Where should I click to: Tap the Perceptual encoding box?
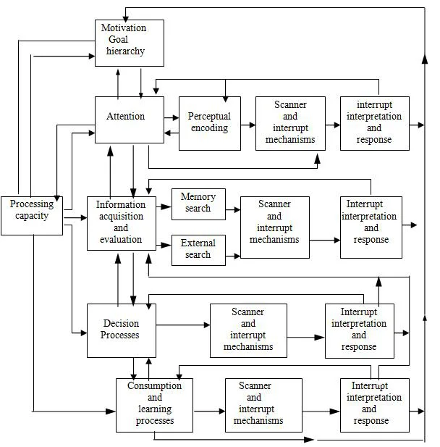click(x=209, y=123)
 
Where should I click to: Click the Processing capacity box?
click(x=32, y=215)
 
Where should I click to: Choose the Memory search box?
click(x=198, y=204)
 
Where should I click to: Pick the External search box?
click(x=198, y=250)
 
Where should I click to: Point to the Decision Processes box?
click(x=120, y=330)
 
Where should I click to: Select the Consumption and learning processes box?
click(x=154, y=405)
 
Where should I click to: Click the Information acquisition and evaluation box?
click(x=120, y=223)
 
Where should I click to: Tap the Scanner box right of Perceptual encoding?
click(x=289, y=123)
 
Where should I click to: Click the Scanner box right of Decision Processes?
click(x=248, y=330)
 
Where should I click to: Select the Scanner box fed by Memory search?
click(x=274, y=227)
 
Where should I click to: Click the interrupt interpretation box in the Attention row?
click(x=374, y=123)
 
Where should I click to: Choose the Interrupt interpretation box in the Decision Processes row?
click(x=359, y=330)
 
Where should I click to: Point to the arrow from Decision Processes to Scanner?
click(x=182, y=325)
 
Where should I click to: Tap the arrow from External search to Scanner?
click(x=232, y=255)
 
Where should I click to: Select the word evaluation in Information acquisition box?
click(x=120, y=238)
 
